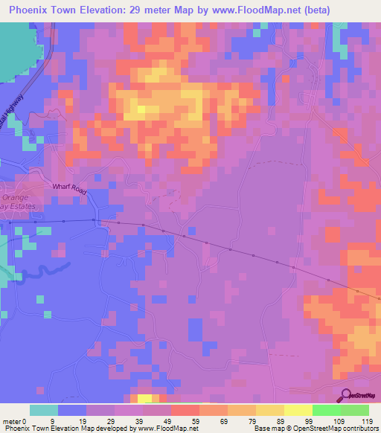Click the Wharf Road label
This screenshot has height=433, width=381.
(70, 189)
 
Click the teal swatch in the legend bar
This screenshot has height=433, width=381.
(44, 410)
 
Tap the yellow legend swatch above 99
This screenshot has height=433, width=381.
(298, 410)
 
